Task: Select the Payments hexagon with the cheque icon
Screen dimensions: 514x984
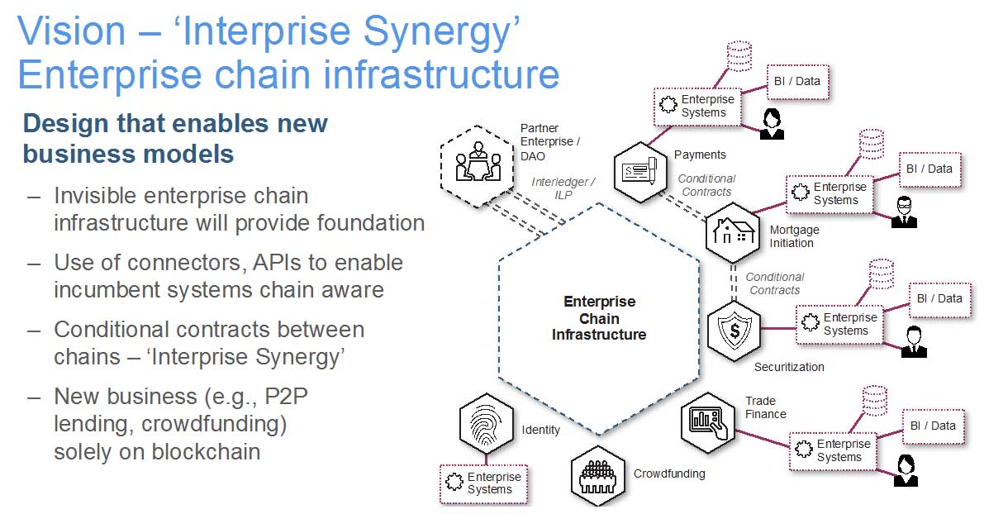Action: point(642,170)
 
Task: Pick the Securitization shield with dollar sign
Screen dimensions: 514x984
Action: point(732,328)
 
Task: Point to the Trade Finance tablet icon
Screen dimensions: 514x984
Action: point(709,421)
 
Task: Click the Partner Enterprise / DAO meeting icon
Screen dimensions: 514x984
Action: point(475,161)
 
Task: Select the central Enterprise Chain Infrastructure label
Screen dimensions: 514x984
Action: point(599,318)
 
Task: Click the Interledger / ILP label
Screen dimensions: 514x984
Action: point(563,188)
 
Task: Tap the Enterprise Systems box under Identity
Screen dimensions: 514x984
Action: point(484,483)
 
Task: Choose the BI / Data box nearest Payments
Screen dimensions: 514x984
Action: point(796,81)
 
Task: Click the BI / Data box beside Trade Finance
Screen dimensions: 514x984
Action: point(933,426)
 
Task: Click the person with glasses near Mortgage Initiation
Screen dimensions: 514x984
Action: point(905,212)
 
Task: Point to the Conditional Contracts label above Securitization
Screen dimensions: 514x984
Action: point(774,283)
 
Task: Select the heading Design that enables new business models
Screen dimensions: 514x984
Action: point(175,139)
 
